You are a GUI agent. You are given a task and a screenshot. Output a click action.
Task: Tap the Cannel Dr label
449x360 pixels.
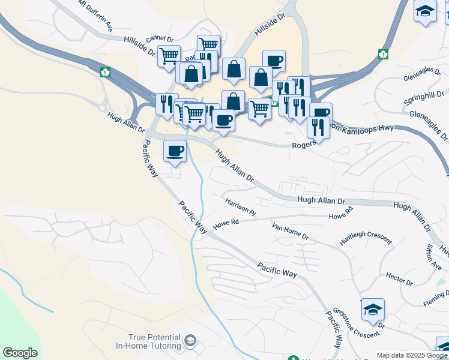[x=160, y=39]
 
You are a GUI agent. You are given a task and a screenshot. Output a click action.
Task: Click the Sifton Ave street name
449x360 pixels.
[x=433, y=257]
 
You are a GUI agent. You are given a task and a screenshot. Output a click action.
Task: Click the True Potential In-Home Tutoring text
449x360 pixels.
[x=154, y=342]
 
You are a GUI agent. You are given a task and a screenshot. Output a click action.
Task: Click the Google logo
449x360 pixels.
[x=20, y=353]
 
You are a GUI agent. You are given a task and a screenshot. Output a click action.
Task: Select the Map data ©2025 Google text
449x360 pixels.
[x=412, y=355]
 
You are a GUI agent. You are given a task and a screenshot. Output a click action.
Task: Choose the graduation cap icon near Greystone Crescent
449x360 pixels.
[x=373, y=310]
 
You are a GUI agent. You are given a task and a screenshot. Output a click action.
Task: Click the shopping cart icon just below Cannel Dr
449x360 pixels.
[x=169, y=55]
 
